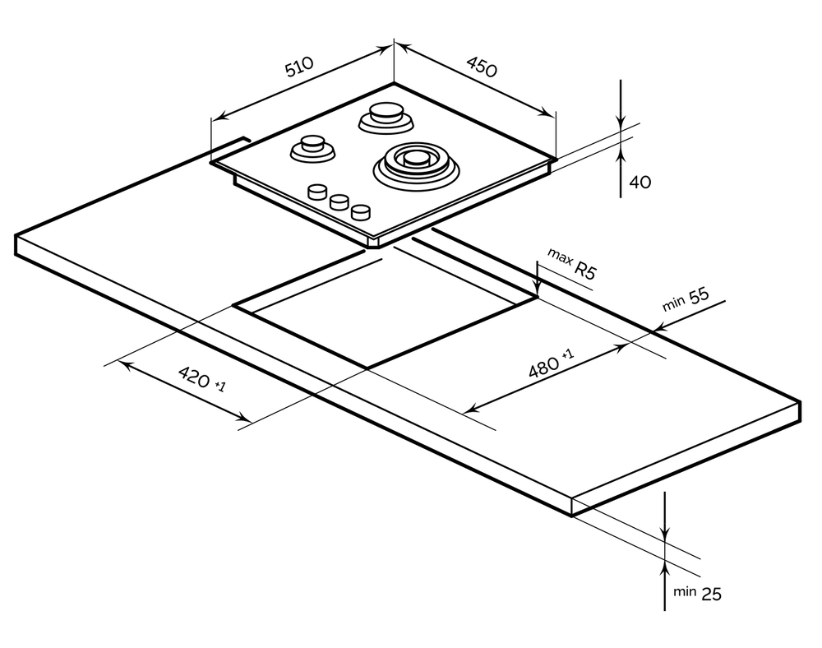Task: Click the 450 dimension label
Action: pyautogui.click(x=482, y=67)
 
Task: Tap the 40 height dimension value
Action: pyautogui.click(x=639, y=182)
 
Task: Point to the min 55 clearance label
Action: pyautogui.click(x=686, y=300)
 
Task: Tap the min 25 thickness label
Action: pyautogui.click(x=698, y=592)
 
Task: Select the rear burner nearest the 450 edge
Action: pyautogui.click(x=385, y=117)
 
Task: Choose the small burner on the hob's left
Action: pyautogui.click(x=312, y=149)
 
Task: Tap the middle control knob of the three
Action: pyautogui.click(x=338, y=202)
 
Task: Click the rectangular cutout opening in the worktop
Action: pyautogui.click(x=386, y=317)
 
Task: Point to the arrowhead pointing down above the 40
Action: pyautogui.click(x=621, y=122)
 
